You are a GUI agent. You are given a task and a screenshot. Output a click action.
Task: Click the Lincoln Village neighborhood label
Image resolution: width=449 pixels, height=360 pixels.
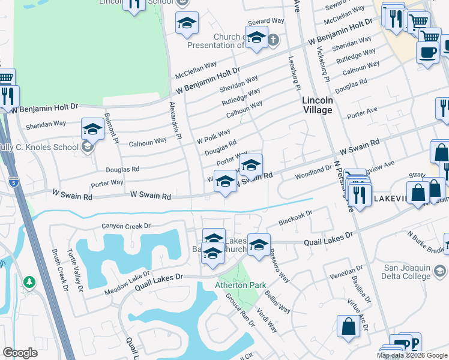click(x=317, y=105)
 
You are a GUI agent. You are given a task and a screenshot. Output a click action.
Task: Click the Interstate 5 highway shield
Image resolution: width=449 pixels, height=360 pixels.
click(x=13, y=181)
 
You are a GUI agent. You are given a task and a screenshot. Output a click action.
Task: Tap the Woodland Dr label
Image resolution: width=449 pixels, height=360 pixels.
click(x=313, y=173)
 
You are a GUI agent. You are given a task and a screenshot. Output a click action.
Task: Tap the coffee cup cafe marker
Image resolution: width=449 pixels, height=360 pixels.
click(x=427, y=53)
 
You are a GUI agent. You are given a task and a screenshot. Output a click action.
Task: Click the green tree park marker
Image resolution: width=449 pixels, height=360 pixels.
click(x=29, y=281)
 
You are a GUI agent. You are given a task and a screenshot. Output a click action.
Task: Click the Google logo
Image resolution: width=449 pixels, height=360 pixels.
click(x=20, y=353)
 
